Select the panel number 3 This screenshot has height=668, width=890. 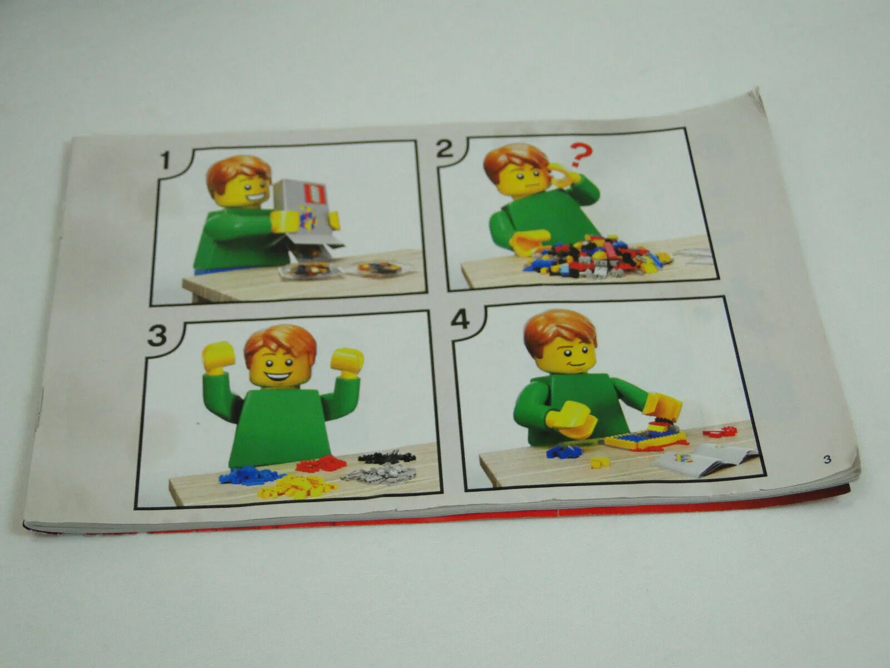(x=157, y=336)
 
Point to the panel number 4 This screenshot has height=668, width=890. (x=461, y=321)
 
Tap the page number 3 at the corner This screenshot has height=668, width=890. (x=828, y=459)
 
